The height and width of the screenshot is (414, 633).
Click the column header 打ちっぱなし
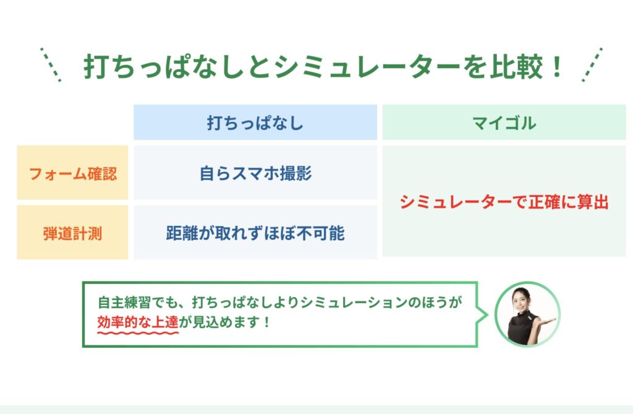255,123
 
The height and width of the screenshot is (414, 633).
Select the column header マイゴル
504,123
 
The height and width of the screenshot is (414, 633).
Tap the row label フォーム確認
73,173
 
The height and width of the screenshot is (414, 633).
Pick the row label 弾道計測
73,233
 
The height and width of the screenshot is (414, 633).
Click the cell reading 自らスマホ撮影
255,173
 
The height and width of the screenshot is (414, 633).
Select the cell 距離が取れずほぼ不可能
255,233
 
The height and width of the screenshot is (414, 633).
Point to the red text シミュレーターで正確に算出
504,202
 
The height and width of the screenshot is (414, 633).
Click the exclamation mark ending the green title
557,67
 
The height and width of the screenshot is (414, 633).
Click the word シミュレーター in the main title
367,67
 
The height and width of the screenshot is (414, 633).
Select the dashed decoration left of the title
51,65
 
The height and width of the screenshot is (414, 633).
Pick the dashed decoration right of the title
592,65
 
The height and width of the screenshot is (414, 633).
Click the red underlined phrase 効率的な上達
138,322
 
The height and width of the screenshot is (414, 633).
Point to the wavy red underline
138,333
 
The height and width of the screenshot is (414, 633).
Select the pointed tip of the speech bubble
488,314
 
